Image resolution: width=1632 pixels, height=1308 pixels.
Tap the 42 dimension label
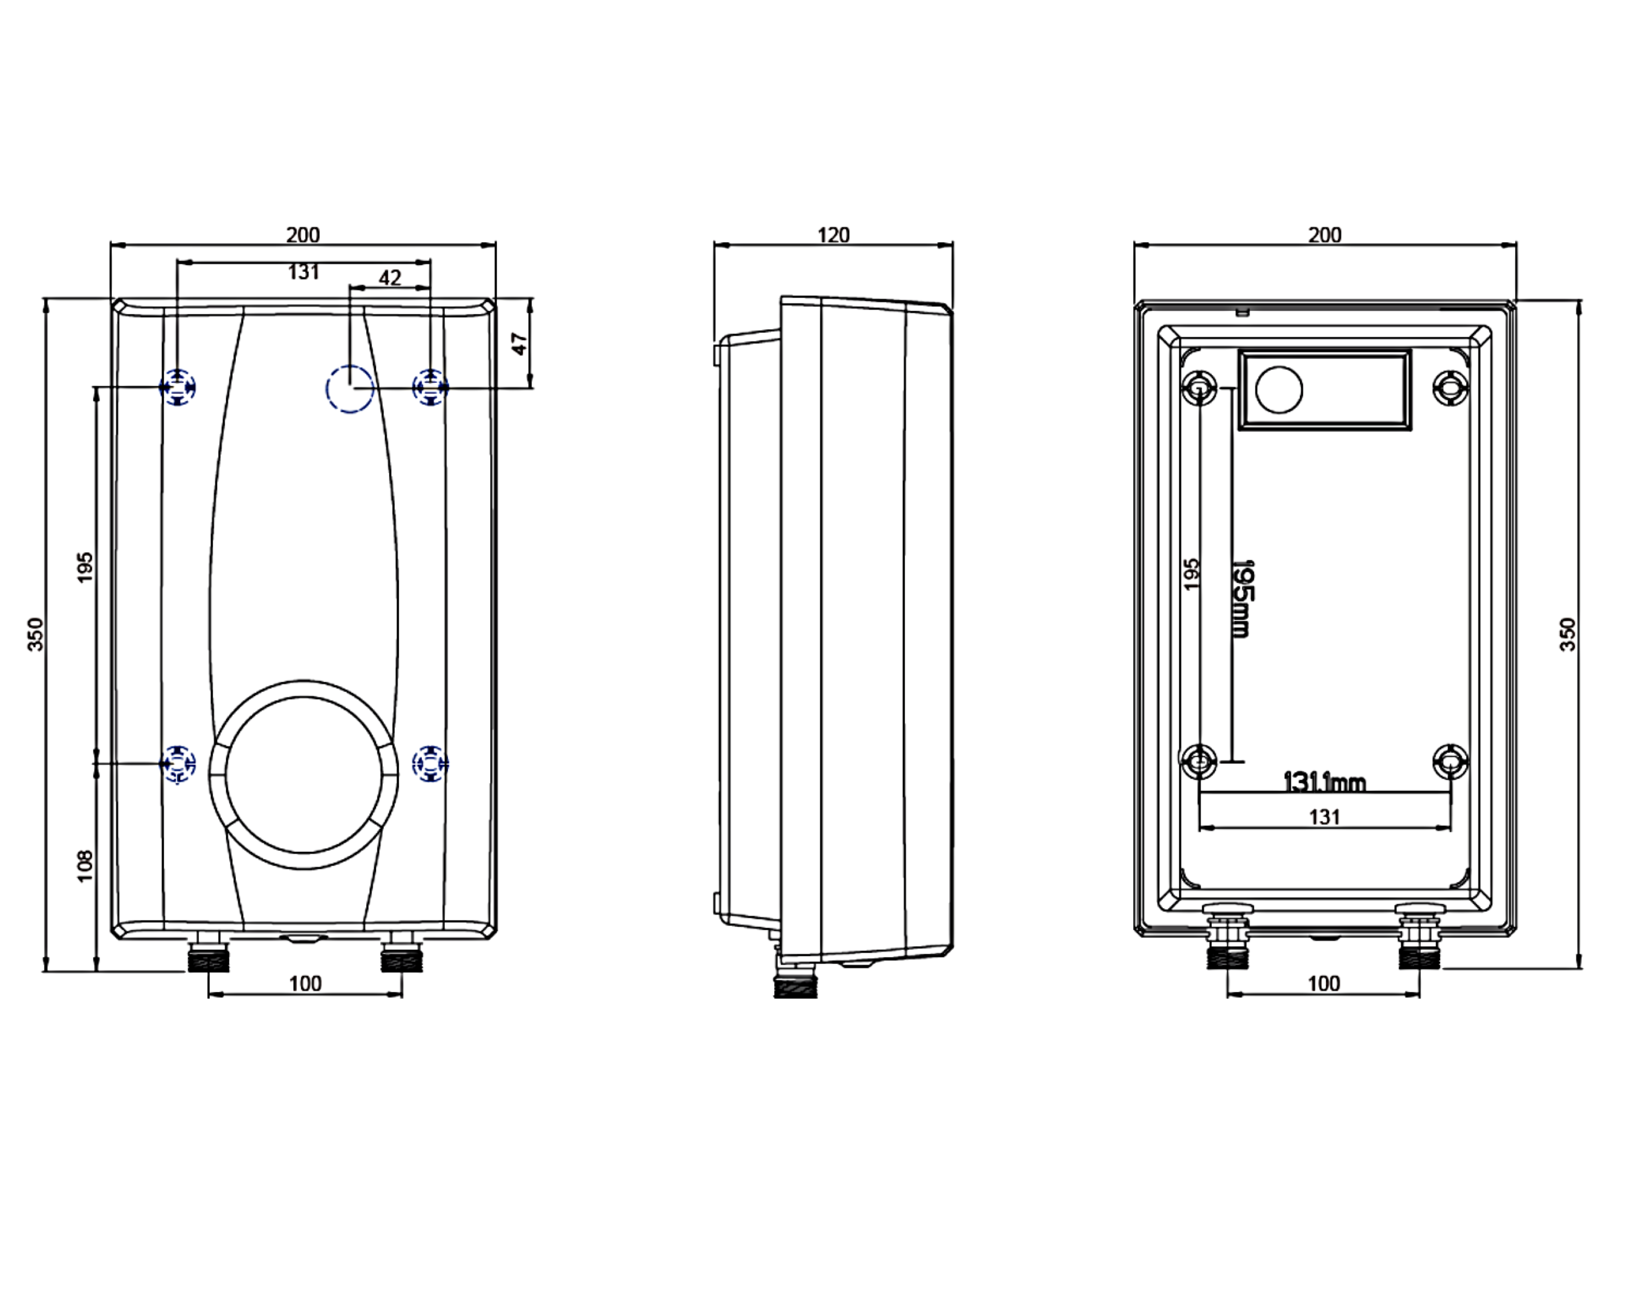[390, 278]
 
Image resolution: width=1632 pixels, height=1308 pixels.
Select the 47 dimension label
[519, 344]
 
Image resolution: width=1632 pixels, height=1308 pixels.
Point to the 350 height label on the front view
[35, 634]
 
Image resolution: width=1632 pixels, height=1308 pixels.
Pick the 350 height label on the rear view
[1568, 634]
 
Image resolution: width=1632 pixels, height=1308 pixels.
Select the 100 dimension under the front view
[305, 983]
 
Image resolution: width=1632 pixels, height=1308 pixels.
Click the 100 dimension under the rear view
[1324, 983]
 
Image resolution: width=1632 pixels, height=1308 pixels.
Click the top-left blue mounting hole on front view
[177, 388]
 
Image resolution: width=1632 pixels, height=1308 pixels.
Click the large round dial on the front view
[304, 775]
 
